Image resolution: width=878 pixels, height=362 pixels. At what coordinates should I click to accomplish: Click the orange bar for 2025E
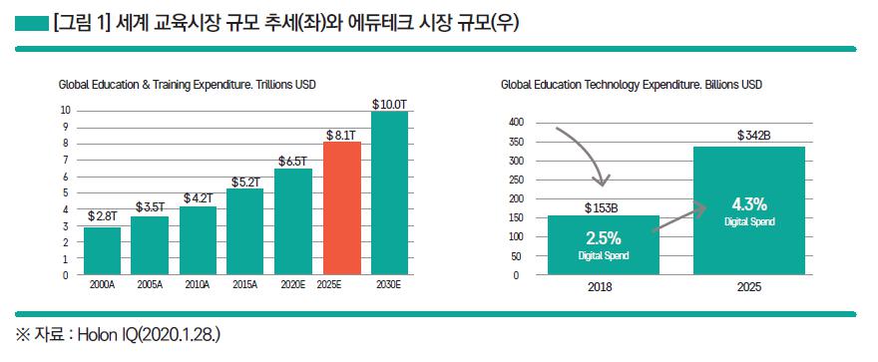click(342, 207)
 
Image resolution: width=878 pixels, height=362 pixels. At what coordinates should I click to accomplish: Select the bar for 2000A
click(103, 250)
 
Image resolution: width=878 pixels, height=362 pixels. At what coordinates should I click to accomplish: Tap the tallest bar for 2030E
click(390, 192)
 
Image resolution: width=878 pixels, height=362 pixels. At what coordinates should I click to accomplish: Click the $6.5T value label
click(294, 161)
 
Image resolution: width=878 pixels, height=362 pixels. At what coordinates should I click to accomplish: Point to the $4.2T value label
click(199, 198)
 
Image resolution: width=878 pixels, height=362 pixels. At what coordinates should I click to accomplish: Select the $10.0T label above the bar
click(390, 104)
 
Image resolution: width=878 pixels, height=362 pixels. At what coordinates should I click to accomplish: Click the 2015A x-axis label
click(246, 284)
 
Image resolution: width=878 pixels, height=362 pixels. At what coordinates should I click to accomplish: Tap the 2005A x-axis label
click(151, 284)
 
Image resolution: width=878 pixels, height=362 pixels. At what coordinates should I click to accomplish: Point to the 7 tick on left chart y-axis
click(65, 160)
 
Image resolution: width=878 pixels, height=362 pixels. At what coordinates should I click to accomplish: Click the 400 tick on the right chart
click(516, 123)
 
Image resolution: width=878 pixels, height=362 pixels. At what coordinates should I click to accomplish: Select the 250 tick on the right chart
click(516, 180)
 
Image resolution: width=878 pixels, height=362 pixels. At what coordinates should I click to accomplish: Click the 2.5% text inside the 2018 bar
click(604, 239)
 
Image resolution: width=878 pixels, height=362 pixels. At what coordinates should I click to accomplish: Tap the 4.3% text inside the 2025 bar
click(747, 205)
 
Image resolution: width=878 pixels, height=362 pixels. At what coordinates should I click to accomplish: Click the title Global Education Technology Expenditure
click(631, 86)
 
